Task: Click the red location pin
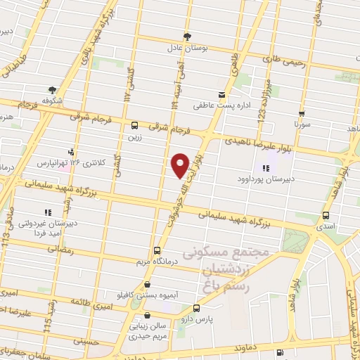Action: point(180,165)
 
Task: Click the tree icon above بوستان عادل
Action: point(186,36)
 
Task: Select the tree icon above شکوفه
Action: point(52,89)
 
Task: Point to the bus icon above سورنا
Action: point(302,113)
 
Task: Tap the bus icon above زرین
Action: point(134,125)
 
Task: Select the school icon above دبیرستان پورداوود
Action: point(266,167)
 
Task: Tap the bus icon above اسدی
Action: point(326,217)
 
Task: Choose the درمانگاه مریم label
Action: point(160,261)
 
